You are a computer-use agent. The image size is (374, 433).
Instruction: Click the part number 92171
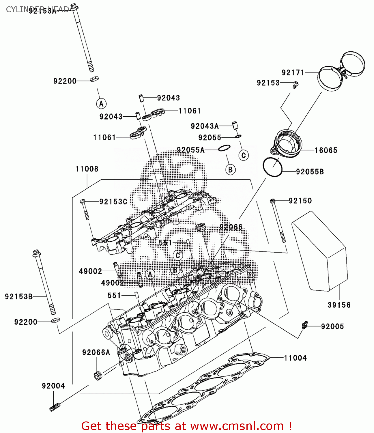(293, 72)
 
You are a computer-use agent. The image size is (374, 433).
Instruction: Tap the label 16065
(326, 150)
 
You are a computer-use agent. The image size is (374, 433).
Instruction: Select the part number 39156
(339, 305)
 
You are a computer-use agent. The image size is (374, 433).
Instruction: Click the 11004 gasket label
(295, 358)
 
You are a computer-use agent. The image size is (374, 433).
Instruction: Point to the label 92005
(332, 326)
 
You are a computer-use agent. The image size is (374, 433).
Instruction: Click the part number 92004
(53, 386)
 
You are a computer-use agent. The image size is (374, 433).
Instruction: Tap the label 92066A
(96, 352)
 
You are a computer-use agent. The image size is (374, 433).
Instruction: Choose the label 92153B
(19, 296)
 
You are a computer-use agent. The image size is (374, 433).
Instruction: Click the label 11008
(87, 169)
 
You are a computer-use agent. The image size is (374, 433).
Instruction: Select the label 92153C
(113, 201)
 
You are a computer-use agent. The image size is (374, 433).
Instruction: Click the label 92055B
(310, 172)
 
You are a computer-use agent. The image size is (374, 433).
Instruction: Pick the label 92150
(300, 201)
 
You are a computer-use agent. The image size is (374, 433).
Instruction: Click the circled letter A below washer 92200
(101, 103)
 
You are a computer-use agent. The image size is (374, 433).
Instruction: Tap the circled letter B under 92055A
(230, 169)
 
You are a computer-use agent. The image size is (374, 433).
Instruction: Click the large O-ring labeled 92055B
(272, 167)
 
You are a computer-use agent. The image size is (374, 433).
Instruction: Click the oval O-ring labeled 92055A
(224, 148)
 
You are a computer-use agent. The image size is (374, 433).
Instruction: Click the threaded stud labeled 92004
(55, 407)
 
